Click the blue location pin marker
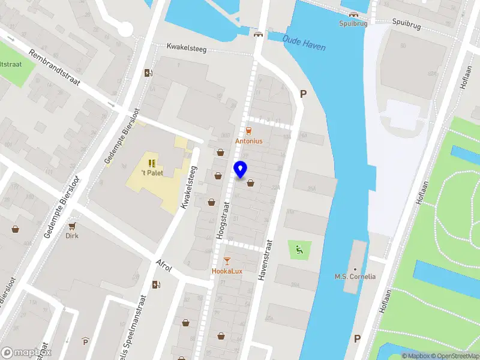(241, 170)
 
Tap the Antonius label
(248, 141)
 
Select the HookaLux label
(227, 271)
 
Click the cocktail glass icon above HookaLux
(227, 260)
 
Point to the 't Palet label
(152, 173)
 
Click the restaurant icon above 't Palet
(152, 163)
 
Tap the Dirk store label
(72, 236)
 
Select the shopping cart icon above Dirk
(73, 226)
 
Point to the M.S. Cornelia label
(355, 277)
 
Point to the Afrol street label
(164, 265)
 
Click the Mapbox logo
(26, 352)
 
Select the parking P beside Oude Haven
(303, 94)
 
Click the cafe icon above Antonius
(248, 131)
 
